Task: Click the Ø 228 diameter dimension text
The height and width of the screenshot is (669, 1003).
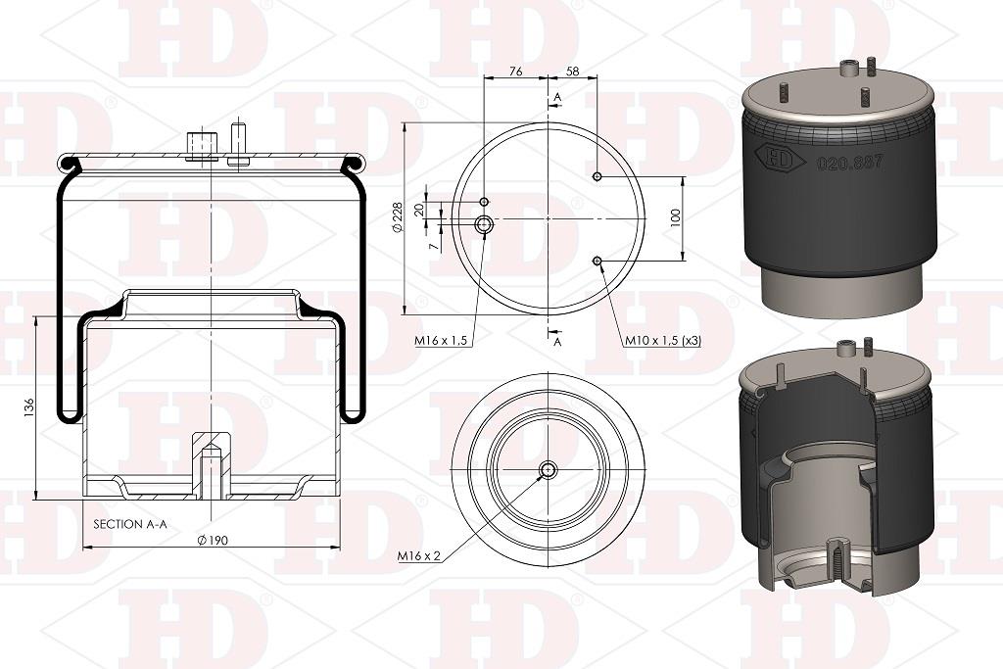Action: [x=397, y=217]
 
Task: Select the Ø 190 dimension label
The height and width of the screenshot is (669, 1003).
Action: [x=213, y=541]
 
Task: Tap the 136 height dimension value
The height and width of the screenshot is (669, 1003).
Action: [x=28, y=408]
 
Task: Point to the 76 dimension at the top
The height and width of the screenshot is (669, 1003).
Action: [x=515, y=72]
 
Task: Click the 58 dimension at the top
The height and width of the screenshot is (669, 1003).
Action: [x=572, y=72]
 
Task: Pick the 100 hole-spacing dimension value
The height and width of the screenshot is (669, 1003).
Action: [x=676, y=218]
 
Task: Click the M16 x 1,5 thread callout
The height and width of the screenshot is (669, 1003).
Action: [x=441, y=341]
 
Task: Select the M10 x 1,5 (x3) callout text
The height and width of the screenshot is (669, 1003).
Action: [x=663, y=341]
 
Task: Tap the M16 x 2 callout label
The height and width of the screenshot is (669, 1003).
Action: [x=419, y=556]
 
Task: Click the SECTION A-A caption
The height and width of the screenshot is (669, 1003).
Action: [x=130, y=524]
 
